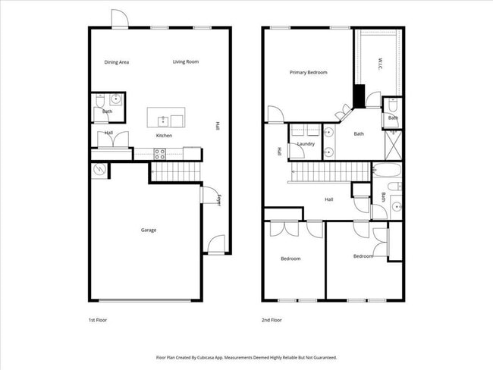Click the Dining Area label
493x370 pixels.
(x=116, y=62)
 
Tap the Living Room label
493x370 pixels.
(x=185, y=61)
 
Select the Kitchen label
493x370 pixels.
(x=164, y=136)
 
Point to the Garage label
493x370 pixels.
(x=149, y=230)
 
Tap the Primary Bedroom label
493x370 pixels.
(x=308, y=73)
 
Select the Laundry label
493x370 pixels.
(x=306, y=143)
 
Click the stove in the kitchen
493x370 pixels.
(x=160, y=153)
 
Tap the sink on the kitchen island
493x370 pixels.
(x=162, y=120)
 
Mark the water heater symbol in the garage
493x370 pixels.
(x=99, y=171)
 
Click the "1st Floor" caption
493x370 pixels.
(x=98, y=320)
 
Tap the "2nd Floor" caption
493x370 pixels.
(x=271, y=320)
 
